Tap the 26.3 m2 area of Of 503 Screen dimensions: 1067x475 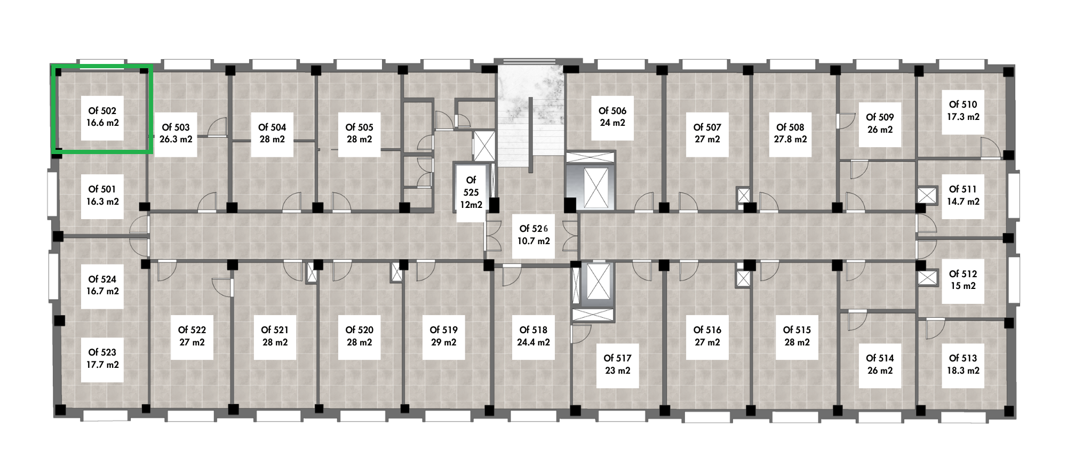[176, 139]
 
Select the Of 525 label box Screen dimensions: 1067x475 [471, 192]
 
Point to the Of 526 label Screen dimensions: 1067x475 [533, 235]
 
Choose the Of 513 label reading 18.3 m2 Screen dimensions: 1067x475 [963, 365]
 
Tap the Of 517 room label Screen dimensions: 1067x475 [617, 365]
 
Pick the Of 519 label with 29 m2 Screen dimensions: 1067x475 [443, 336]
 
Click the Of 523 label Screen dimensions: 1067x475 [102, 359]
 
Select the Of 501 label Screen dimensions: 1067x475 [102, 196]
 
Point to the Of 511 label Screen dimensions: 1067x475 [963, 196]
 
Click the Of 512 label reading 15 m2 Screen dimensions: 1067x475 [963, 280]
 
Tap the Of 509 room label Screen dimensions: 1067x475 [880, 124]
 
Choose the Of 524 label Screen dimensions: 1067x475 [102, 286]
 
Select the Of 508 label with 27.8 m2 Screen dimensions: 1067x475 [790, 134]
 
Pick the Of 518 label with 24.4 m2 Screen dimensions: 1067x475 [533, 336]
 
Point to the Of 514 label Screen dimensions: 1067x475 [880, 365]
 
